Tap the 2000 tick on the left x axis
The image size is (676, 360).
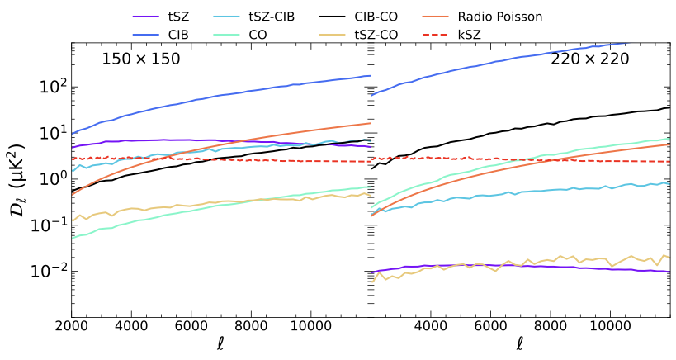(x=72, y=327)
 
